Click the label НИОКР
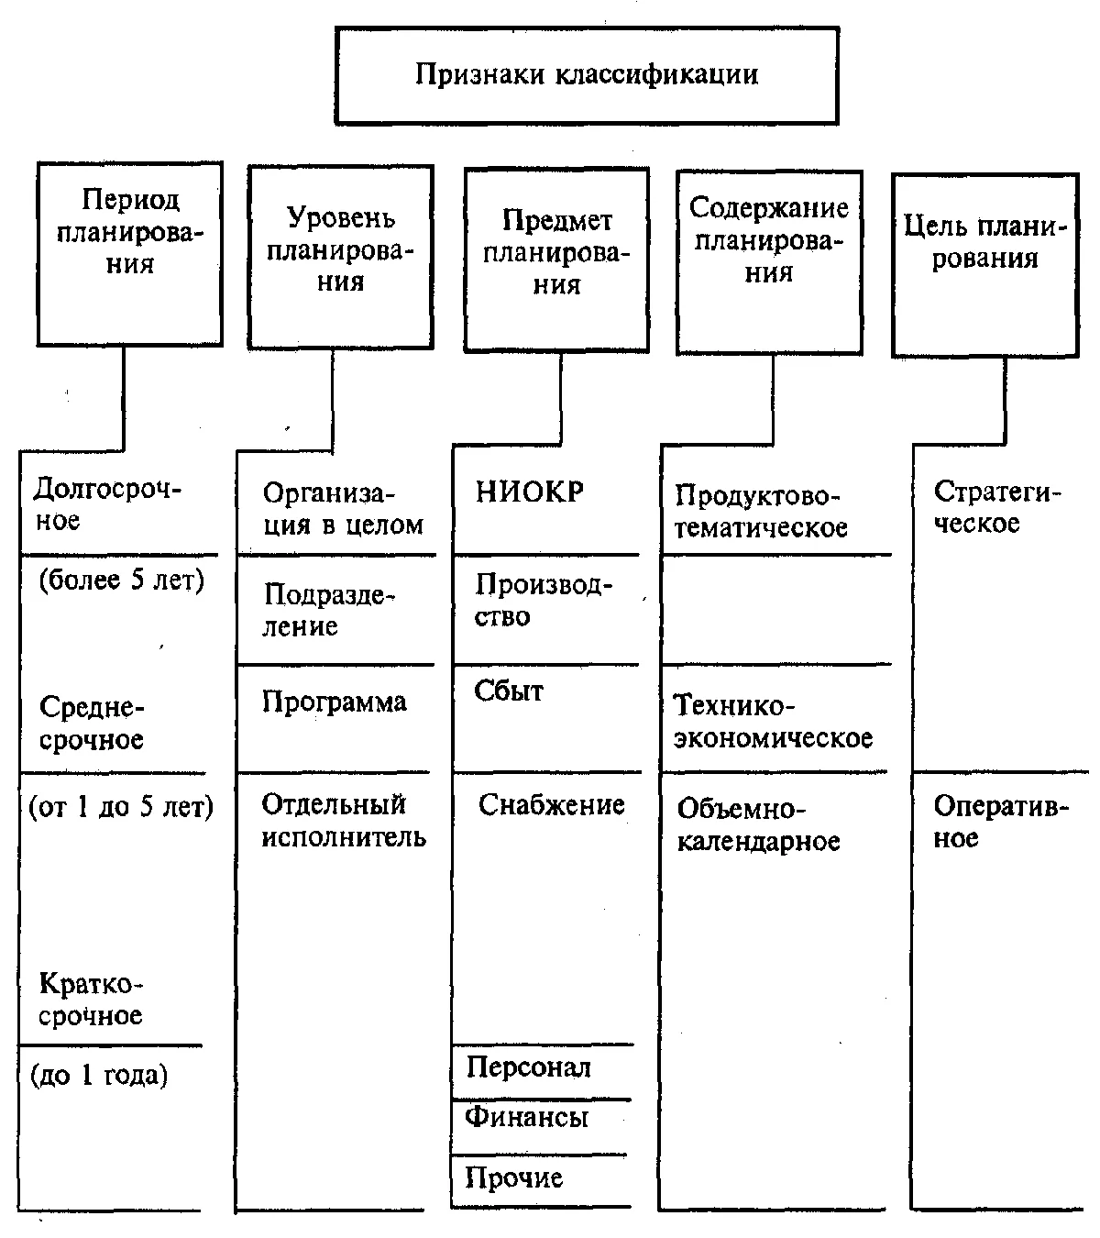[x=530, y=492]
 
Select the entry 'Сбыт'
[x=508, y=691]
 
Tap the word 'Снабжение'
[x=552, y=805]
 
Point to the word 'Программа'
[x=334, y=702]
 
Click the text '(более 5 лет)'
[x=122, y=580]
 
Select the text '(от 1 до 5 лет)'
[x=121, y=807]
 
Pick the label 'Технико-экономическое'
[x=774, y=722]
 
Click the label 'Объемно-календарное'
[x=759, y=825]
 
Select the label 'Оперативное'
[x=1001, y=822]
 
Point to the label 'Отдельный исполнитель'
[x=344, y=821]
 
